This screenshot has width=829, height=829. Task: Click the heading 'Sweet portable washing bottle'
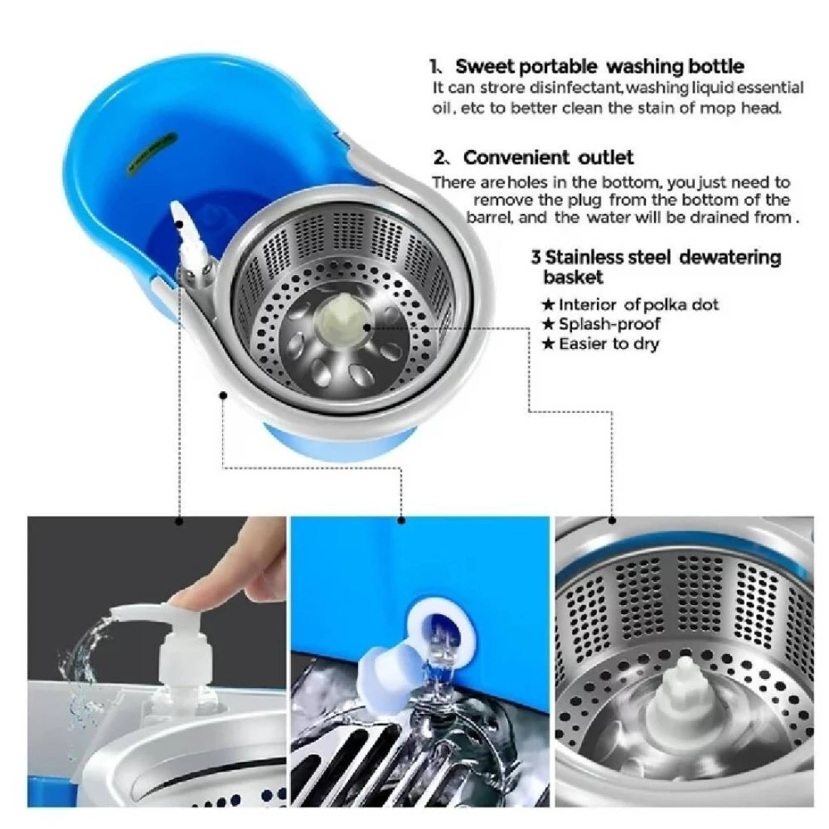click(600, 66)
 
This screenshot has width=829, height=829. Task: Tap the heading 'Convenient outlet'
click(548, 158)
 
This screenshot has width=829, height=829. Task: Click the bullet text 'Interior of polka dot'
click(638, 304)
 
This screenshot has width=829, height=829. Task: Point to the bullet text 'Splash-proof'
click(610, 323)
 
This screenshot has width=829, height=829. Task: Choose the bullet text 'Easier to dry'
click(609, 344)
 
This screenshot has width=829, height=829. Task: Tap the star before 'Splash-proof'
click(548, 324)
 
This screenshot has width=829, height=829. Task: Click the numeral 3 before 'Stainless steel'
click(536, 258)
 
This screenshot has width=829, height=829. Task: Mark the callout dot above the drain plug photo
click(401, 521)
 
